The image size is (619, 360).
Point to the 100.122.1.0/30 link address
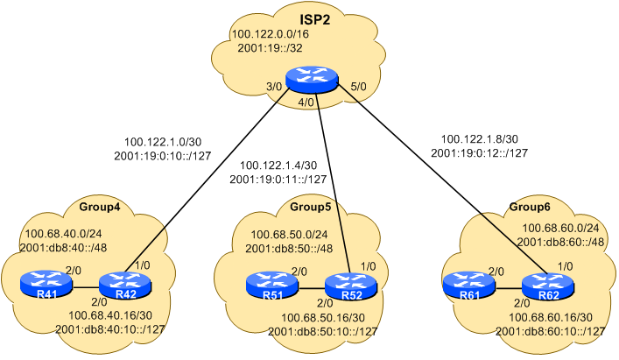(163, 140)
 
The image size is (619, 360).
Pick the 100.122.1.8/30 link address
(479, 138)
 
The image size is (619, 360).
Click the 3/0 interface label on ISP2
(274, 86)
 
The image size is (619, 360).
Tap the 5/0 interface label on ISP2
(358, 86)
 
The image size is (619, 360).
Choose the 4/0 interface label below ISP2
(306, 102)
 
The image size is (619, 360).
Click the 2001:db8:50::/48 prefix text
(290, 249)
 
